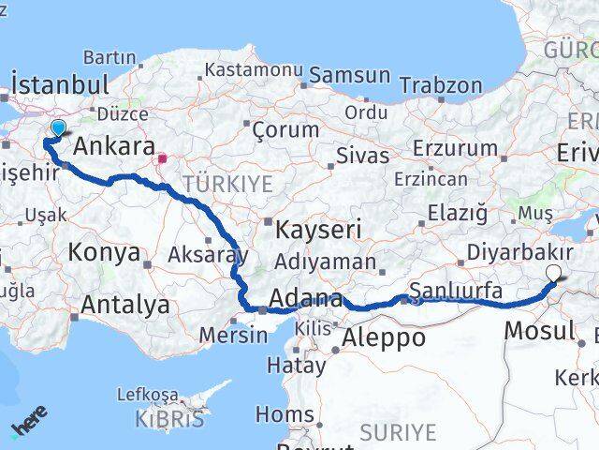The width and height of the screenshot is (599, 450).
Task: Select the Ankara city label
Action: [113, 147]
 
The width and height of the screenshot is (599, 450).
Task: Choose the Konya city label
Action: [105, 252]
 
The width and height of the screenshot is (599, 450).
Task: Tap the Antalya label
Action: [125, 305]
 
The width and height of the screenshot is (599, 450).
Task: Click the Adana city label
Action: [304, 301]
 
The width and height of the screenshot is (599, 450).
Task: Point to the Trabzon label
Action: [440, 85]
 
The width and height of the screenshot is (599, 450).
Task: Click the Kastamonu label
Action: [253, 70]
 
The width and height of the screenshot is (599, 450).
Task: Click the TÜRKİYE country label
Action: [227, 182]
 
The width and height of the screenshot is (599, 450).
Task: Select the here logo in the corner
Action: [31, 424]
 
